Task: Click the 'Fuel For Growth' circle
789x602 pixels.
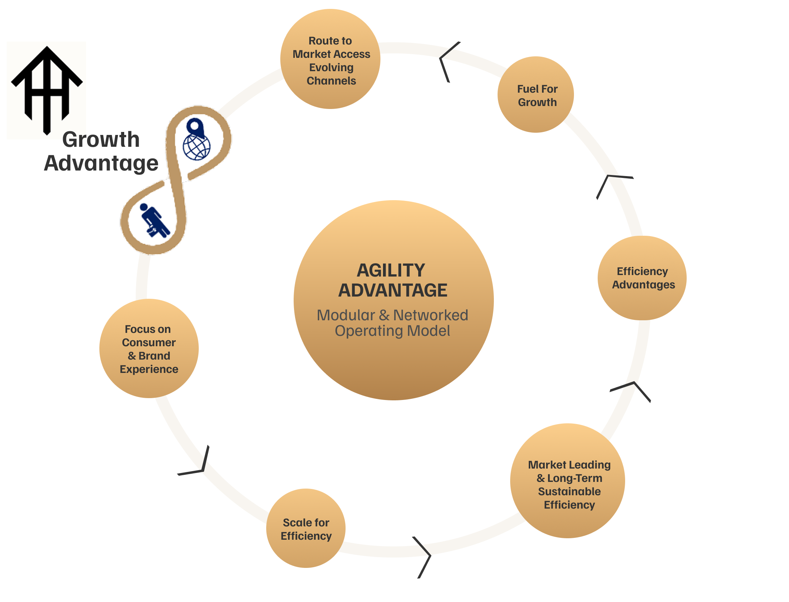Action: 536,95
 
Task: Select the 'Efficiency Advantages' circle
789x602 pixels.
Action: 642,278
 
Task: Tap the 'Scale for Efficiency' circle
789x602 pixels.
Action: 306,529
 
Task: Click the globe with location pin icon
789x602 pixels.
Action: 197,141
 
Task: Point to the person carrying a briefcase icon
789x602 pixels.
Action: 154,221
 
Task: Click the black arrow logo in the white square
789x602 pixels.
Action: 46,89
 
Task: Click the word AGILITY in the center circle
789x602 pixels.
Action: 391,271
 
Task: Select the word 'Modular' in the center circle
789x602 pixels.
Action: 346,315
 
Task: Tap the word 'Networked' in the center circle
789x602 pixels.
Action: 430,315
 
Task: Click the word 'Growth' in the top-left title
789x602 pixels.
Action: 101,140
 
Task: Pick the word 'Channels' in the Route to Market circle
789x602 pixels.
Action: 331,81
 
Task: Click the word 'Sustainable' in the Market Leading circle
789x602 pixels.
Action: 569,492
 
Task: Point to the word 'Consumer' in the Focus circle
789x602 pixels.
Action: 149,343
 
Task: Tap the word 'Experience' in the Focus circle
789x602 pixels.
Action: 149,369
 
